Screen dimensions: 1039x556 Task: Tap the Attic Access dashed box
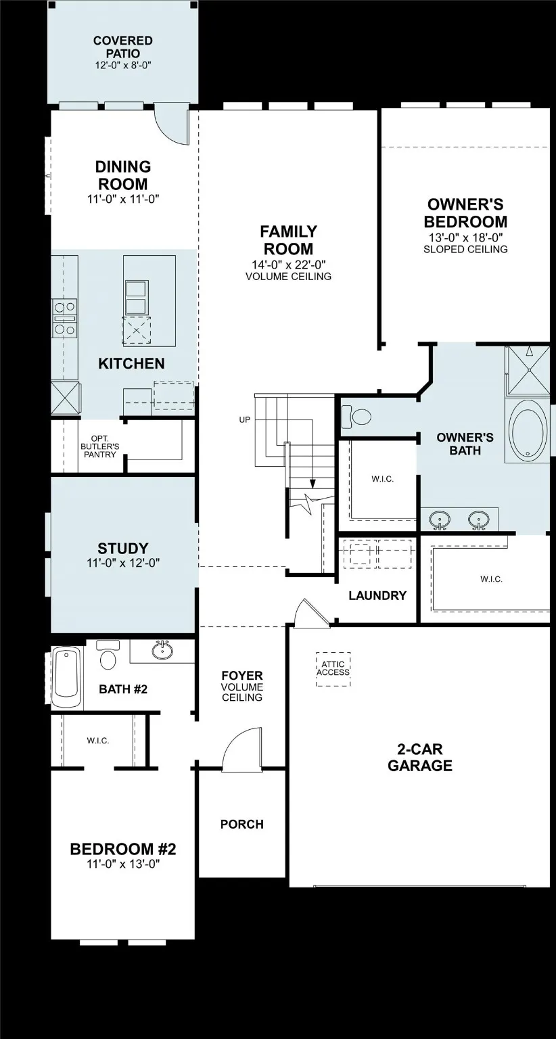(333, 669)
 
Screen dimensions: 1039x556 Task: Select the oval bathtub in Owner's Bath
(529, 431)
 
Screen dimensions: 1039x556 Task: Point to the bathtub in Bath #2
(67, 677)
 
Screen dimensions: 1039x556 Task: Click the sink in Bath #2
(162, 651)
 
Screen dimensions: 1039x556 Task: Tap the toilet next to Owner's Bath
(356, 415)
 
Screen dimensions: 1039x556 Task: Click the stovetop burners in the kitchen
(65, 319)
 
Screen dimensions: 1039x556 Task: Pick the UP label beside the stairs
(245, 420)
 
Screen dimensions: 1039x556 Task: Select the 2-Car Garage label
(420, 758)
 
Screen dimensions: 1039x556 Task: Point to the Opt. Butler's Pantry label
(100, 446)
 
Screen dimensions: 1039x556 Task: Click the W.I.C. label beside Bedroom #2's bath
(98, 741)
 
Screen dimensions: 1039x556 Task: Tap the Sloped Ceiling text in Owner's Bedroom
(465, 249)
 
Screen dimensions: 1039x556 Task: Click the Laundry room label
(377, 596)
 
